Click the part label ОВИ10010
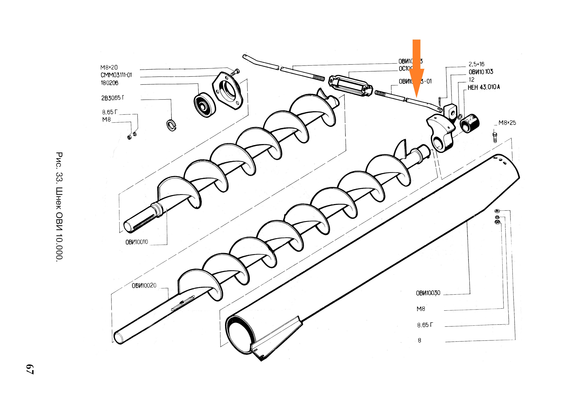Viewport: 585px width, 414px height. click(x=137, y=242)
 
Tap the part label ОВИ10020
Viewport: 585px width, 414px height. click(x=144, y=285)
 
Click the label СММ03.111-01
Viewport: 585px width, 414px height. click(x=116, y=75)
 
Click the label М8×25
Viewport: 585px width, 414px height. click(x=507, y=123)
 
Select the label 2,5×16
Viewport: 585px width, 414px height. click(x=476, y=64)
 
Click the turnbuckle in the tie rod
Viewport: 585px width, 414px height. click(x=351, y=86)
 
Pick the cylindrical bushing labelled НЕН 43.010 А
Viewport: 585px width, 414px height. click(x=470, y=123)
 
